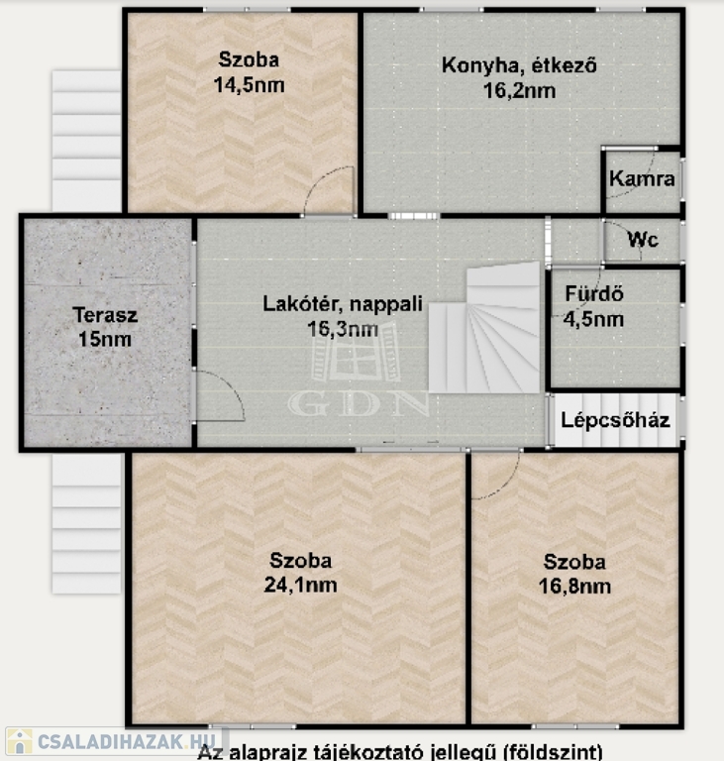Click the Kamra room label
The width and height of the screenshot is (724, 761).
coord(642,179)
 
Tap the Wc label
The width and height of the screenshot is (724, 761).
coord(643,239)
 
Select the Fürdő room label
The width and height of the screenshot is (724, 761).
coord(594,293)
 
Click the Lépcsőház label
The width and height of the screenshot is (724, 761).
coord(615,420)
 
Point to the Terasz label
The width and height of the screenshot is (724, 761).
coord(105,315)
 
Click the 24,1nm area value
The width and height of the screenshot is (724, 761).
coord(300,585)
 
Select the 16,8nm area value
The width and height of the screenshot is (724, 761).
coord(574,587)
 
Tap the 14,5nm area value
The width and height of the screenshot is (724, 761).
coord(249,85)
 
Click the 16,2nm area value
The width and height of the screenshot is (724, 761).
coord(519,91)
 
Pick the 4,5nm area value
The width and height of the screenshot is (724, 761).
coord(593,319)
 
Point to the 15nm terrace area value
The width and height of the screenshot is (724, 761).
coord(105,339)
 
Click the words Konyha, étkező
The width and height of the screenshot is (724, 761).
coord(519,65)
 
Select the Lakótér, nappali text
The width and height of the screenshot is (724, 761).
coord(343,304)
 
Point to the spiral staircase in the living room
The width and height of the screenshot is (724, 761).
coord(484,329)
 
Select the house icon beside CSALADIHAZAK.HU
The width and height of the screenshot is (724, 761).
coord(20,741)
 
